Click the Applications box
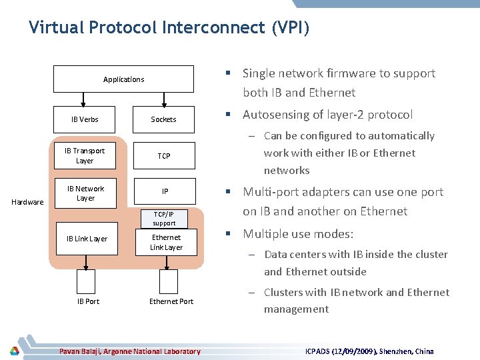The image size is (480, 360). tap(124, 79)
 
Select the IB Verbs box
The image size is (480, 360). tap(85, 119)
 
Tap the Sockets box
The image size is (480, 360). tap(163, 119)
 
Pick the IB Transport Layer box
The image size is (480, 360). tap(85, 155)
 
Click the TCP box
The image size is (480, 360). tap(164, 155)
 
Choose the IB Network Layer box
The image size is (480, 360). tap(85, 193)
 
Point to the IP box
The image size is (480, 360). tap(165, 191)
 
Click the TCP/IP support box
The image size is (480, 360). tap(164, 219)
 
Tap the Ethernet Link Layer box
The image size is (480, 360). tap(166, 242)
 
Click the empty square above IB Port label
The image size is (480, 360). tap(86, 281)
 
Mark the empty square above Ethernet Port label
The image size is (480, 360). tap(168, 281)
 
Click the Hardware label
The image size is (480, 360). tap(27, 202)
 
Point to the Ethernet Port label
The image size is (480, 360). tap(171, 301)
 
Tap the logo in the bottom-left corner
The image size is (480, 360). tap(15, 351)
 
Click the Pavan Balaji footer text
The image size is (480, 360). tap(129, 351)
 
